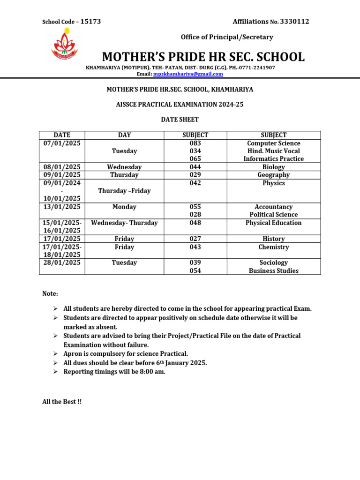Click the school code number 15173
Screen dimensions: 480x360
pyautogui.click(x=90, y=22)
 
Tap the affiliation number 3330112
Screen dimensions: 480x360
pyautogui.click(x=292, y=22)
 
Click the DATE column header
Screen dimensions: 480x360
pyautogui.click(x=62, y=135)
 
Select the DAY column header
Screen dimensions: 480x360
pyautogui.click(x=124, y=135)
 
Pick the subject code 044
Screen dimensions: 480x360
pyautogui.click(x=195, y=167)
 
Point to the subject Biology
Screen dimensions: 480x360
pyautogui.click(x=274, y=167)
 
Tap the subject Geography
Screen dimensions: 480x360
pyautogui.click(x=274, y=175)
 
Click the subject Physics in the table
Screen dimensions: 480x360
pyautogui.click(x=274, y=183)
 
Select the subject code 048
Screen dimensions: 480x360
pyautogui.click(x=195, y=223)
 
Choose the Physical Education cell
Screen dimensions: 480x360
pyautogui.click(x=274, y=223)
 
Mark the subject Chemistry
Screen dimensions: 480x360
pyautogui.click(x=274, y=247)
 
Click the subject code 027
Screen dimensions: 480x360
pyautogui.click(x=195, y=239)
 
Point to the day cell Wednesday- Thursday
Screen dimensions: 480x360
pyautogui.click(x=124, y=223)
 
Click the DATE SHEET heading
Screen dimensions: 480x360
pyautogui.click(x=180, y=120)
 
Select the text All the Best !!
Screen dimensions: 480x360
pyautogui.click(x=62, y=402)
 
